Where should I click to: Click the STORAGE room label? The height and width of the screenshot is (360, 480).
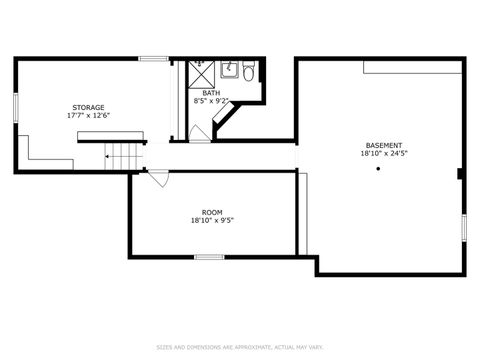click(88, 107)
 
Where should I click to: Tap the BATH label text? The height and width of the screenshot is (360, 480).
click(210, 93)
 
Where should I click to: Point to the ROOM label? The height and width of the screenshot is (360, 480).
click(212, 212)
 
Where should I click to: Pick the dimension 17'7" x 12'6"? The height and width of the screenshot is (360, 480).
click(88, 115)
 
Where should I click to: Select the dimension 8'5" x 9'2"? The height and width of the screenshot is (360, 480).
click(210, 100)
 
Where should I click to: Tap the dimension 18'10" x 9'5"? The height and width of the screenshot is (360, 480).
click(212, 220)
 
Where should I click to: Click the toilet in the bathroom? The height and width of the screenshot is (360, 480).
click(249, 71)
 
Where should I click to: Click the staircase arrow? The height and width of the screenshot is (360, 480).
click(110, 157)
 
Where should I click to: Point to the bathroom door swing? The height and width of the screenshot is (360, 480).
click(200, 134)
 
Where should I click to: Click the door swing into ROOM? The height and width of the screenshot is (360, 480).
click(158, 179)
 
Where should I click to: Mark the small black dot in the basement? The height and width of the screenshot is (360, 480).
click(378, 168)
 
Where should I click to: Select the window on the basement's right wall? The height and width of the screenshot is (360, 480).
click(463, 227)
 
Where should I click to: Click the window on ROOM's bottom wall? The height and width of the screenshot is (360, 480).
click(208, 257)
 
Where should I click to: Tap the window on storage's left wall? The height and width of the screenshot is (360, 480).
click(14, 108)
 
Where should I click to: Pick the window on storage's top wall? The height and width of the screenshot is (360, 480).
click(152, 59)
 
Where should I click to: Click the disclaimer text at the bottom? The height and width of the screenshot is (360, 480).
click(240, 347)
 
